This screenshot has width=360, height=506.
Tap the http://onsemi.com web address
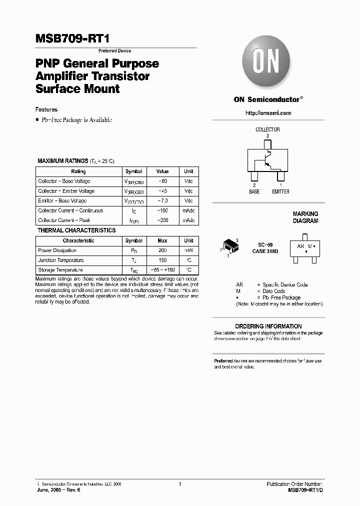point(268,113)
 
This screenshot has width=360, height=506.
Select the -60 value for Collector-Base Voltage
point(162,181)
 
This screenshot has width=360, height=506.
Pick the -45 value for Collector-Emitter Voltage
point(162,191)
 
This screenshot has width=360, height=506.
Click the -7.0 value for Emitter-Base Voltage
point(162,201)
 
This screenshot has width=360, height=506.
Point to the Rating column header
point(78,171)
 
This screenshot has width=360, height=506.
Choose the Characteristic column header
point(78,240)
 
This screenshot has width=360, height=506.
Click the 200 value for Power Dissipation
point(162,250)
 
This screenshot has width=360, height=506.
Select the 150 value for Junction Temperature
point(162,260)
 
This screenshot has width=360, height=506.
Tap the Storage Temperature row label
point(60,270)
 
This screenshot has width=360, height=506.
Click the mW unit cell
point(188,250)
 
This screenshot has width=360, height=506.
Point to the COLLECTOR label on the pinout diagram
point(267,129)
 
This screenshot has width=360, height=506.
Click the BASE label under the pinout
point(254,191)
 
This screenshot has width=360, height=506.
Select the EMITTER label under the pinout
point(280,191)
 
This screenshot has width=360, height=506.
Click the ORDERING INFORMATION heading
point(268,326)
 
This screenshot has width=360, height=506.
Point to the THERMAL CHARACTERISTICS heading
point(76,230)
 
